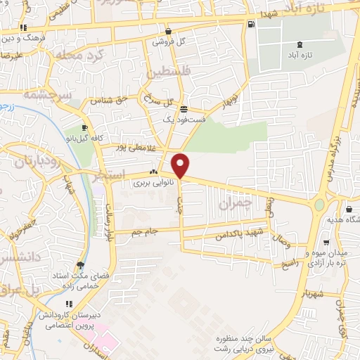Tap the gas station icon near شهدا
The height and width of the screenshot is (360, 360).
tap(250, 24)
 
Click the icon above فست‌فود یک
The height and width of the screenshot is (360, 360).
tap(184, 109)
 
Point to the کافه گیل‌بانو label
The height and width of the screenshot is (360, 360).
tap(84, 138)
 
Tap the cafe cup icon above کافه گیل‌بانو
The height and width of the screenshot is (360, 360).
tap(84, 128)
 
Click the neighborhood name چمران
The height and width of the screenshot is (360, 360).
tap(234, 204)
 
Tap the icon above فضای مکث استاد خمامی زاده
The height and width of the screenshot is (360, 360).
tap(79, 266)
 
